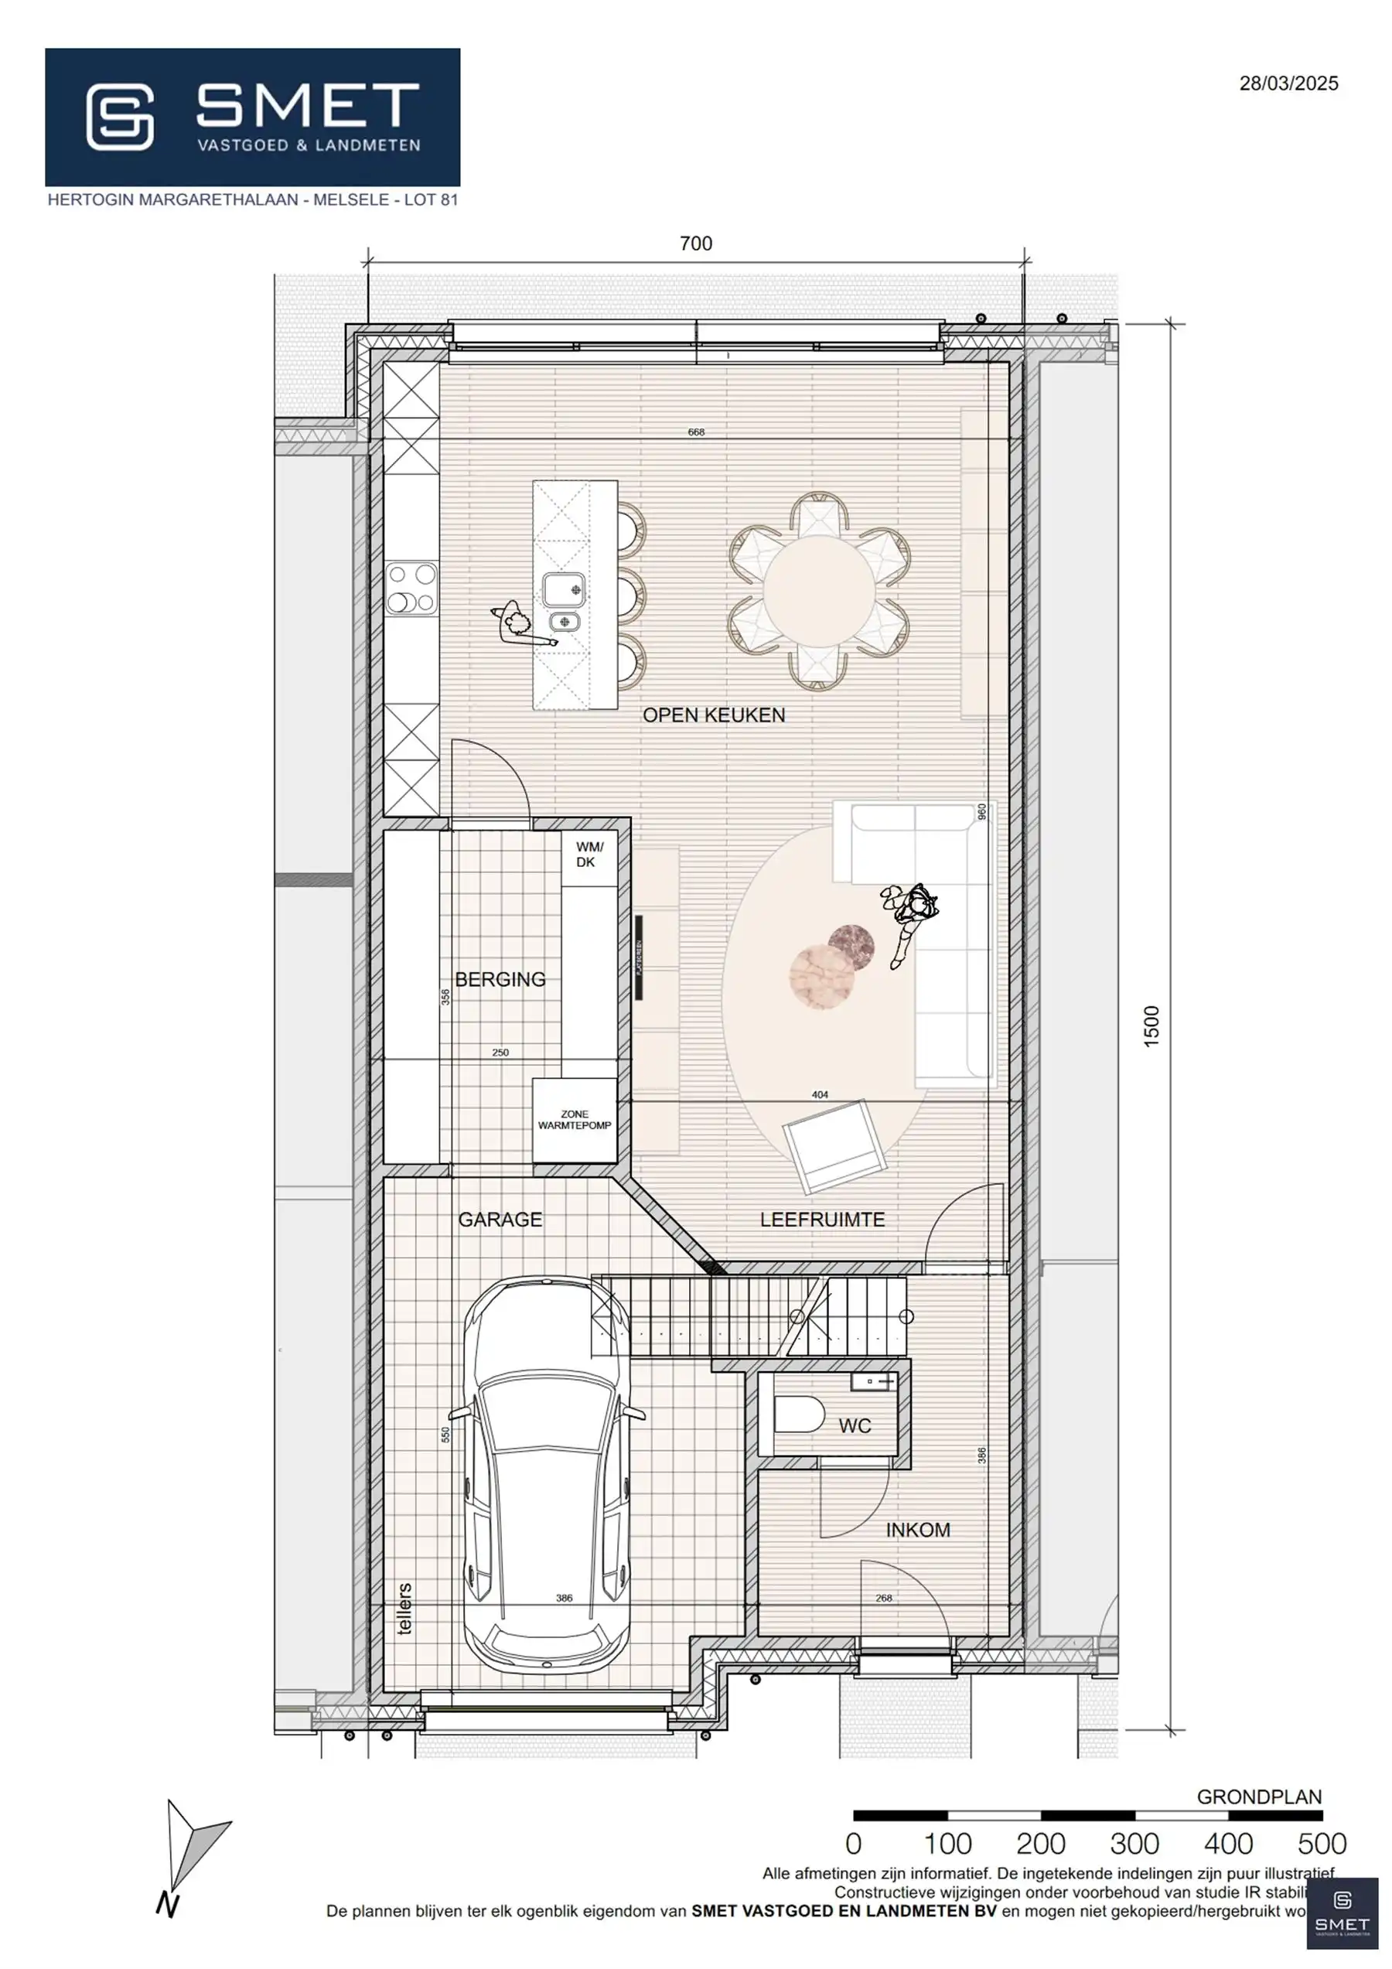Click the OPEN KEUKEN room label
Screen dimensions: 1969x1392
pyautogui.click(x=714, y=715)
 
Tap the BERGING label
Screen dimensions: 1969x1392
pyautogui.click(x=500, y=979)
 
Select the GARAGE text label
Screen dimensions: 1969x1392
pyautogui.click(x=500, y=1220)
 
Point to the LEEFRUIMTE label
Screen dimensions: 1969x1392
pyautogui.click(x=821, y=1220)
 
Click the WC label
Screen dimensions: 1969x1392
pyautogui.click(x=855, y=1426)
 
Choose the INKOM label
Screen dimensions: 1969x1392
pyautogui.click(x=918, y=1530)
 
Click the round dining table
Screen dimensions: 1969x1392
pyautogui.click(x=819, y=591)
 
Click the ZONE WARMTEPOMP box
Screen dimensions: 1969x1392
pyautogui.click(x=574, y=1120)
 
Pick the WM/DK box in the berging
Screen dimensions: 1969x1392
pyautogui.click(x=589, y=855)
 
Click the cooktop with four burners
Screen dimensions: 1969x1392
pyautogui.click(x=412, y=589)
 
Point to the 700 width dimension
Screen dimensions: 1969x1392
pyautogui.click(x=695, y=244)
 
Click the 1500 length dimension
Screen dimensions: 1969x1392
pyautogui.click(x=1151, y=1025)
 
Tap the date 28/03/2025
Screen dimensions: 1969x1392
pyautogui.click(x=1288, y=84)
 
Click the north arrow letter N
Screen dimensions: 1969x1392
pyautogui.click(x=168, y=1905)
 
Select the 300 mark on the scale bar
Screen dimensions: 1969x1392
pyautogui.click(x=1134, y=1843)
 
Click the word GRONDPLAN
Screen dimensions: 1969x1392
pyautogui.click(x=1259, y=1797)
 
